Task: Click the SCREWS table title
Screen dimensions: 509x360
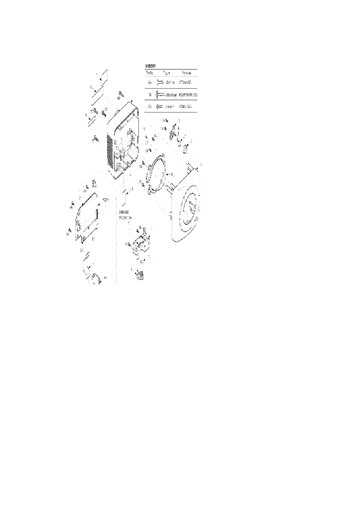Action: pyautogui.click(x=151, y=66)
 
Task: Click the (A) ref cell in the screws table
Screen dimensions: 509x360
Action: pyautogui.click(x=150, y=82)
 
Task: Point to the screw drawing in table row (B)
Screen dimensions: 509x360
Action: pyautogui.click(x=160, y=95)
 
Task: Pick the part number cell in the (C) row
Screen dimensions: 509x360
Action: pyautogui.click(x=185, y=106)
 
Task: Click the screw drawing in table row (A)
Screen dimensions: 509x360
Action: pyautogui.click(x=160, y=82)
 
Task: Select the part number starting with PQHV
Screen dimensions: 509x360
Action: pyautogui.click(x=188, y=95)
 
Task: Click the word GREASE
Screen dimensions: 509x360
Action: pyautogui.click(x=124, y=213)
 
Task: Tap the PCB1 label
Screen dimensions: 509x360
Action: pyautogui.click(x=105, y=200)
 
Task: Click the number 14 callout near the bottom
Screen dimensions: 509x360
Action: pyautogui.click(x=105, y=277)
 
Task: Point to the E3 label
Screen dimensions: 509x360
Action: pyautogui.click(x=82, y=251)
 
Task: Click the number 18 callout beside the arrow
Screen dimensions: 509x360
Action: pyautogui.click(x=131, y=190)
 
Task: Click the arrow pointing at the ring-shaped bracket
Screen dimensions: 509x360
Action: pyautogui.click(x=168, y=174)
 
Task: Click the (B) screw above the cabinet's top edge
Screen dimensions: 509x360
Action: pyautogui.click(x=120, y=93)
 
